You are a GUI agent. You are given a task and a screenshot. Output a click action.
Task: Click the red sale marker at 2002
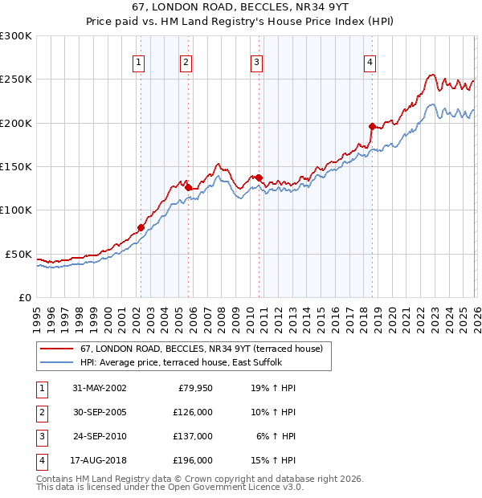(141, 227)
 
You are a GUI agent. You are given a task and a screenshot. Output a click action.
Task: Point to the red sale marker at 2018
(372, 126)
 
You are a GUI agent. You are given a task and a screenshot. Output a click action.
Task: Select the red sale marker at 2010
(259, 178)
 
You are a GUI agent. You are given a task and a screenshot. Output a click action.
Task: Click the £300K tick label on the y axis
(16, 36)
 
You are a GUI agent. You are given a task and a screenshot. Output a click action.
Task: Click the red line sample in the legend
(56, 349)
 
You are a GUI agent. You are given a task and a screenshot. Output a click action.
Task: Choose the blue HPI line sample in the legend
(56, 362)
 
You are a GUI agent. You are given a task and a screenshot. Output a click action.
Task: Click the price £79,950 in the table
(194, 388)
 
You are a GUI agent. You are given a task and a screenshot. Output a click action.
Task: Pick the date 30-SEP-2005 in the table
(99, 412)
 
